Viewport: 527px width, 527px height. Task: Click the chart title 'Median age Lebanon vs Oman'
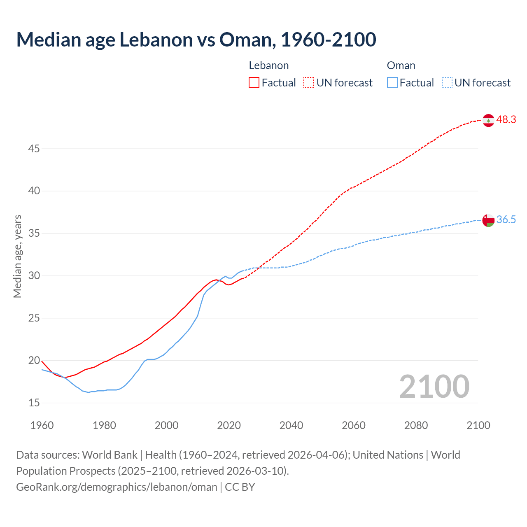(x=196, y=40)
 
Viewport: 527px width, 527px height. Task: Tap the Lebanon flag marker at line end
(x=488, y=120)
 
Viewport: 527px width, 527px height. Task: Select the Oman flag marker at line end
(x=488, y=220)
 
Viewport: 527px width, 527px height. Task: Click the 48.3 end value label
(x=506, y=120)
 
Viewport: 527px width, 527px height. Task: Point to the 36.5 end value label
(x=506, y=220)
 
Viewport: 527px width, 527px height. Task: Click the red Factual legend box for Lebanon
(x=254, y=83)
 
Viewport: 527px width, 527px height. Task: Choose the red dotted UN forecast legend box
(x=309, y=83)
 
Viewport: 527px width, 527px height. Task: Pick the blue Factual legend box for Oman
(x=392, y=83)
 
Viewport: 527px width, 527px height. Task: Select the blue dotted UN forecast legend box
(x=447, y=83)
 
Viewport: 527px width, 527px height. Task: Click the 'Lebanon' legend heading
(x=269, y=65)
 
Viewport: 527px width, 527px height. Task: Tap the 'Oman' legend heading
(x=401, y=65)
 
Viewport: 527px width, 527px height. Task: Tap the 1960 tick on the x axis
(x=42, y=425)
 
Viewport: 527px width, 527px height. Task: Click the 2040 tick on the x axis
(x=291, y=425)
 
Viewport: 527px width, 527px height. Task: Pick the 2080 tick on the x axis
(x=416, y=425)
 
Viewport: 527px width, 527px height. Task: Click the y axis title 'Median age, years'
(x=17, y=256)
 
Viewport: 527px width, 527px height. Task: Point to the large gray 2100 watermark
(x=434, y=387)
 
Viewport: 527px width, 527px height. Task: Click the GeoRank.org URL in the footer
(x=117, y=487)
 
